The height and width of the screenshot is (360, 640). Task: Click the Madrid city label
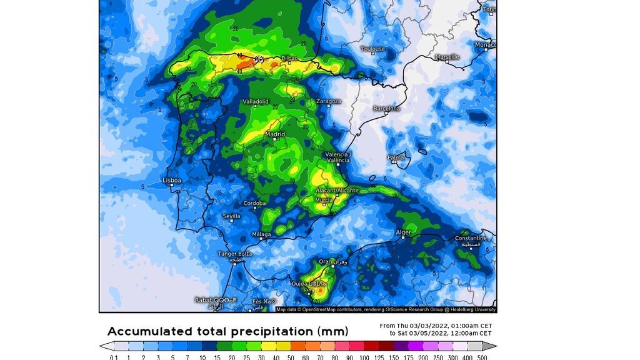(275, 134)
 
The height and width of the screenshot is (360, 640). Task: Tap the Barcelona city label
(386, 108)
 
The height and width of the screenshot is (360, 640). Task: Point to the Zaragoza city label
(328, 101)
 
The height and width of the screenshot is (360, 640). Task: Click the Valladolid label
(256, 101)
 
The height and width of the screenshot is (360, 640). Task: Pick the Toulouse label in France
(372, 48)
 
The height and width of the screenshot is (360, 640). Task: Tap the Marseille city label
(447, 57)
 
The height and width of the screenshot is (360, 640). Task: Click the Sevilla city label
(232, 216)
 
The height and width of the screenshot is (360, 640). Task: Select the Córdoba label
(254, 203)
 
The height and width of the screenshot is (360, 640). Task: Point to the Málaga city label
(261, 234)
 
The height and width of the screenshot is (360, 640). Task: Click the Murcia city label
(324, 199)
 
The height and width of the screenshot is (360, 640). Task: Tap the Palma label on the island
(396, 157)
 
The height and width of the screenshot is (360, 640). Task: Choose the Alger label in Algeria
(403, 232)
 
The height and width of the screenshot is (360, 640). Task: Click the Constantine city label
(470, 238)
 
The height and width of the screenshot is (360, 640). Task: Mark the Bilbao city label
(290, 57)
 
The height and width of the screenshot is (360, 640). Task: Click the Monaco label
(486, 45)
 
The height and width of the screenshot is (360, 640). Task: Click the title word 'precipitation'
(271, 331)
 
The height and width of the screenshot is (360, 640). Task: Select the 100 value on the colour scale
(364, 356)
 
